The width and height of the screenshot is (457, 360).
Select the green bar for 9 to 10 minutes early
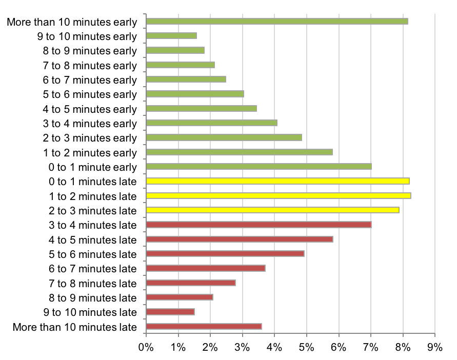pos(171,36)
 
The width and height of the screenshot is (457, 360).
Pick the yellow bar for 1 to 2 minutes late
pos(279,196)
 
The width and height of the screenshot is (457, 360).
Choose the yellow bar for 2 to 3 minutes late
pos(272,210)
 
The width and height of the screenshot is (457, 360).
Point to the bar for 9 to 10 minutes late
pos(170,312)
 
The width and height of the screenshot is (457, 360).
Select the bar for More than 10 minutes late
pos(204,327)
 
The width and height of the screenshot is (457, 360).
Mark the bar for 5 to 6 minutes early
pos(195,94)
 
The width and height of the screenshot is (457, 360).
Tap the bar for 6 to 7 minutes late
pos(206,268)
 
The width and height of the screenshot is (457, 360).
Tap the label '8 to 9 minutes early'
pos(90,51)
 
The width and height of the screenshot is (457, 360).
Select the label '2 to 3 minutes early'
pos(90,138)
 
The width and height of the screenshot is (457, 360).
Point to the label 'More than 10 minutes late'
pos(75,327)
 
